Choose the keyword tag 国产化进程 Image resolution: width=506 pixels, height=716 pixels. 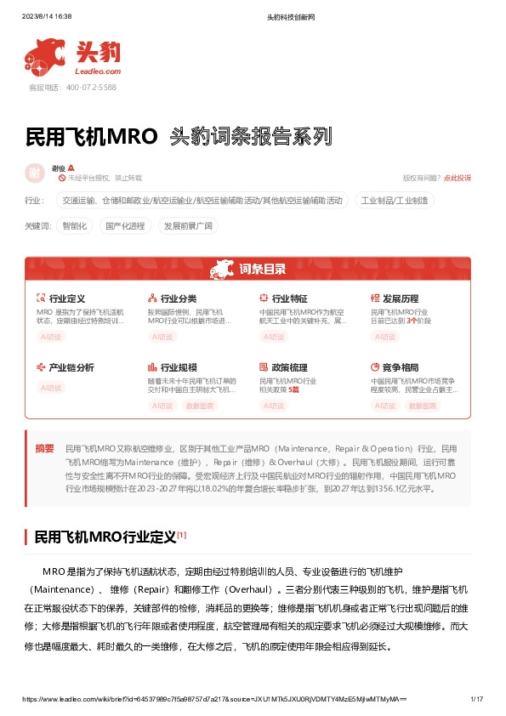pyautogui.click(x=124, y=226)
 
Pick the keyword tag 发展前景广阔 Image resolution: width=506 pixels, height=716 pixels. pyautogui.click(x=189, y=226)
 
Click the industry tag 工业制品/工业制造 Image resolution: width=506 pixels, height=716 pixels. pyautogui.click(x=395, y=201)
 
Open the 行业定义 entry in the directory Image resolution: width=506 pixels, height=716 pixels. pyautogui.click(x=67, y=299)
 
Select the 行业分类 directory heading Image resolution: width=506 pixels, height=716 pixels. pyautogui.click(x=178, y=299)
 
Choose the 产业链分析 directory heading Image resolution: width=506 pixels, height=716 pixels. pyautogui.click(x=71, y=368)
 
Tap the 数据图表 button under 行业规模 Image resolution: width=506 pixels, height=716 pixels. pyautogui.click(x=200, y=406)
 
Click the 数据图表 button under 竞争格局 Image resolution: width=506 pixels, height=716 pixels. pyautogui.click(x=423, y=406)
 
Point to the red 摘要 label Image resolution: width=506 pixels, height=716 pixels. pyautogui.click(x=44, y=448)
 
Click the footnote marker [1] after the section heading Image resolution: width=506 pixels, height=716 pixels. pyautogui.click(x=182, y=535)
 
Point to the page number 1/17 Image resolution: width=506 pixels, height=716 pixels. pyautogui.click(x=476, y=699)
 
